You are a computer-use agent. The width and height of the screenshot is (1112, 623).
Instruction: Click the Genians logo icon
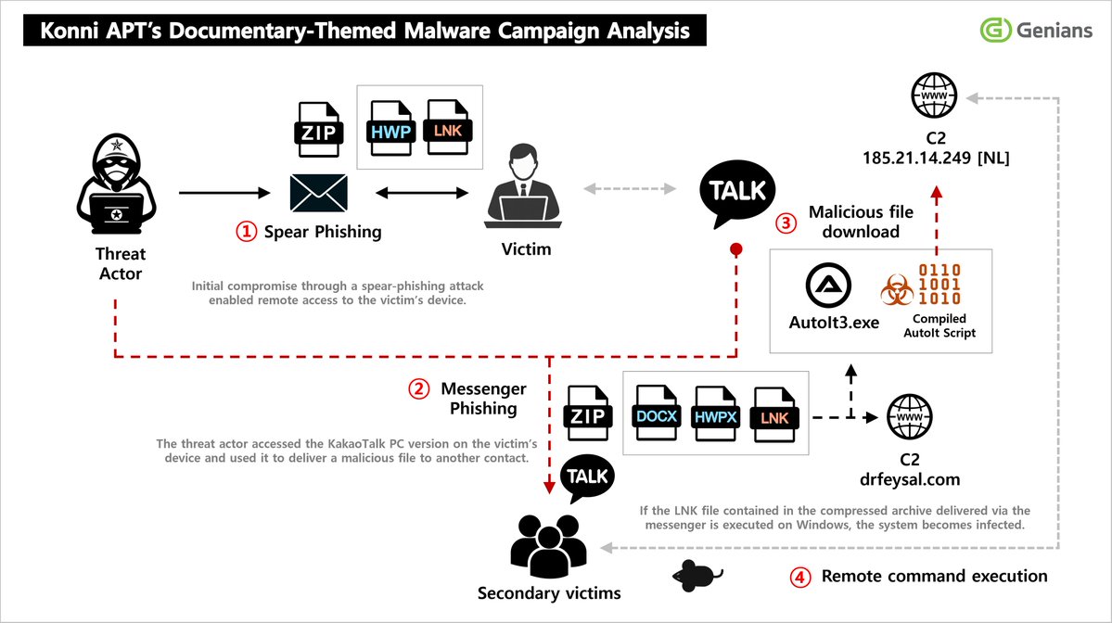tap(995, 30)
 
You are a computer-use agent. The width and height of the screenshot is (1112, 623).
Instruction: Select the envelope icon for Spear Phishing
tap(319, 194)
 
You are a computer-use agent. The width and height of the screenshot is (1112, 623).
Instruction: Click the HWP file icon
tap(391, 130)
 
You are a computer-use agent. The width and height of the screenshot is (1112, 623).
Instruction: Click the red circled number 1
tap(246, 232)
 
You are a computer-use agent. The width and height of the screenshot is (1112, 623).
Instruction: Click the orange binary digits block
tap(939, 286)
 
